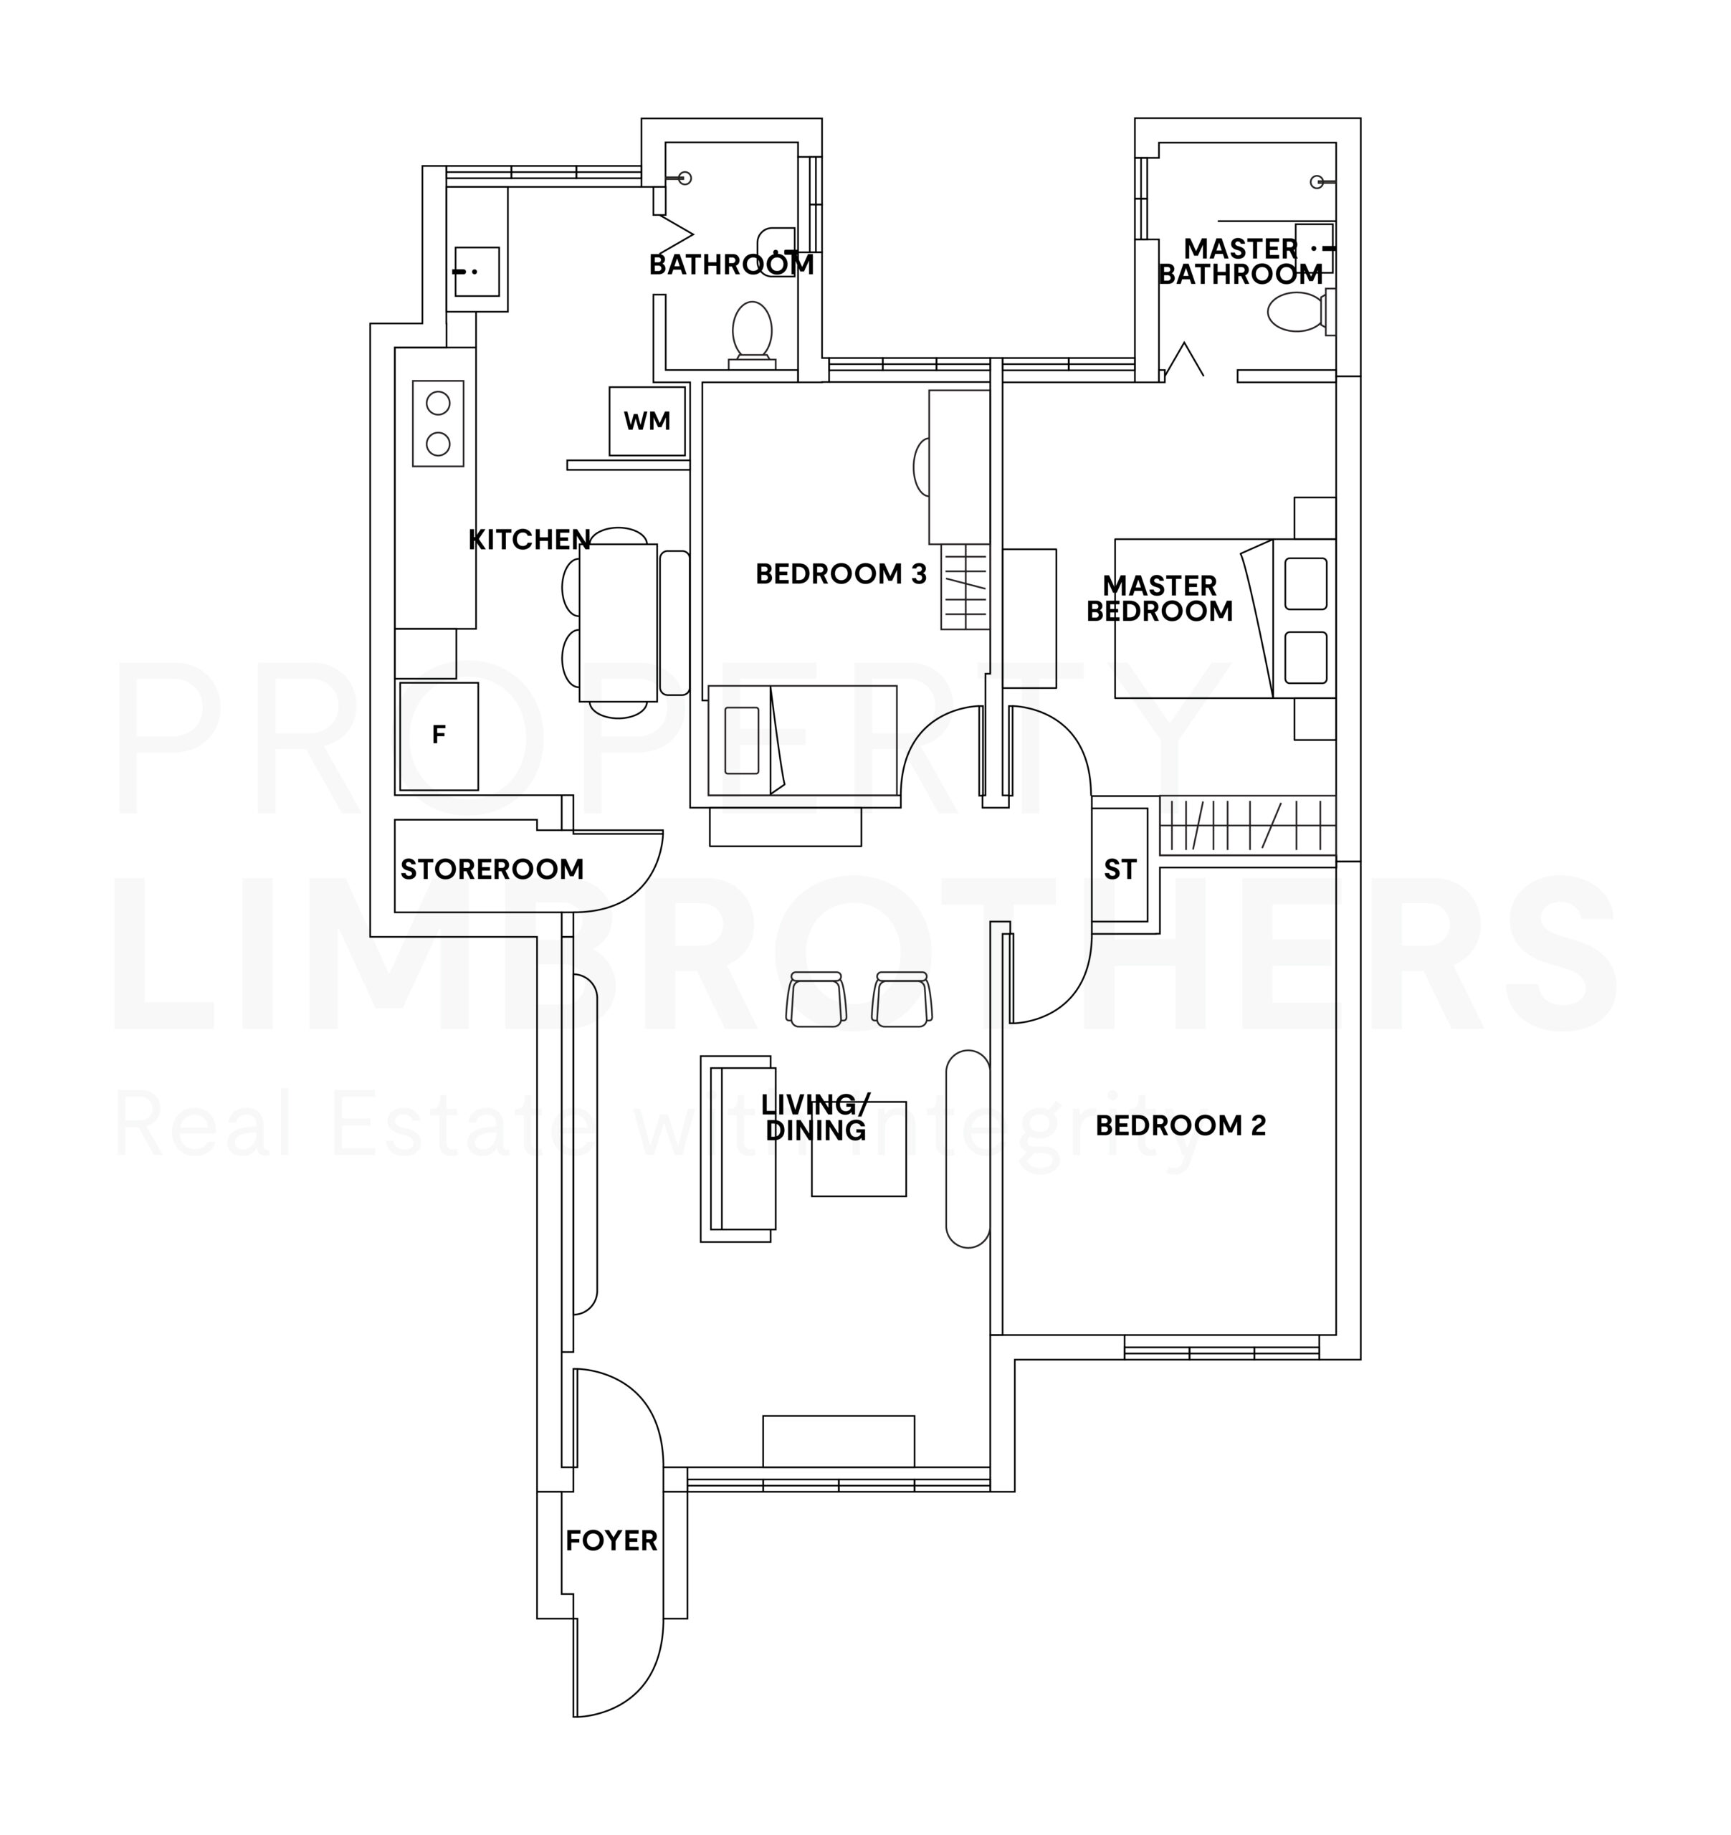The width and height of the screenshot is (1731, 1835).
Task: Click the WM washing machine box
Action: click(647, 421)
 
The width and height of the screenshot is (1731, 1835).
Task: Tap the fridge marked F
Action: click(439, 735)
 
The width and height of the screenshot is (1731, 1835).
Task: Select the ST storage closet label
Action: click(1120, 869)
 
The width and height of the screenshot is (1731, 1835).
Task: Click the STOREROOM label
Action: click(492, 869)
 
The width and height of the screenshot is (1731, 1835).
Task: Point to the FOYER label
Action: click(611, 1540)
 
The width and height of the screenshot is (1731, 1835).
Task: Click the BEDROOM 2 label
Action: click(1181, 1125)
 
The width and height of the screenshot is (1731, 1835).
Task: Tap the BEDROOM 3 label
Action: click(841, 574)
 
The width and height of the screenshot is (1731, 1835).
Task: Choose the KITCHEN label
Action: click(530, 540)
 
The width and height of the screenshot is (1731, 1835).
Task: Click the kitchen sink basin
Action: click(477, 272)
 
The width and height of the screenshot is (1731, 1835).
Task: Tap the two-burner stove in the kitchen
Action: click(438, 424)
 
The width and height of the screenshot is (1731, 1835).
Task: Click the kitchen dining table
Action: click(619, 623)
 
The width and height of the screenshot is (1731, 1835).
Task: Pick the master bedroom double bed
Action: click(1225, 619)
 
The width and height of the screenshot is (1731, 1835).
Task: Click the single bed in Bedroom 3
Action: click(802, 740)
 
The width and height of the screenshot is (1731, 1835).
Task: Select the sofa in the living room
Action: click(737, 1149)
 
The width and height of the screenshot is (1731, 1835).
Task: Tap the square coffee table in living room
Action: click(859, 1149)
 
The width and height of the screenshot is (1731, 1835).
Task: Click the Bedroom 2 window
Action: click(1221, 1348)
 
